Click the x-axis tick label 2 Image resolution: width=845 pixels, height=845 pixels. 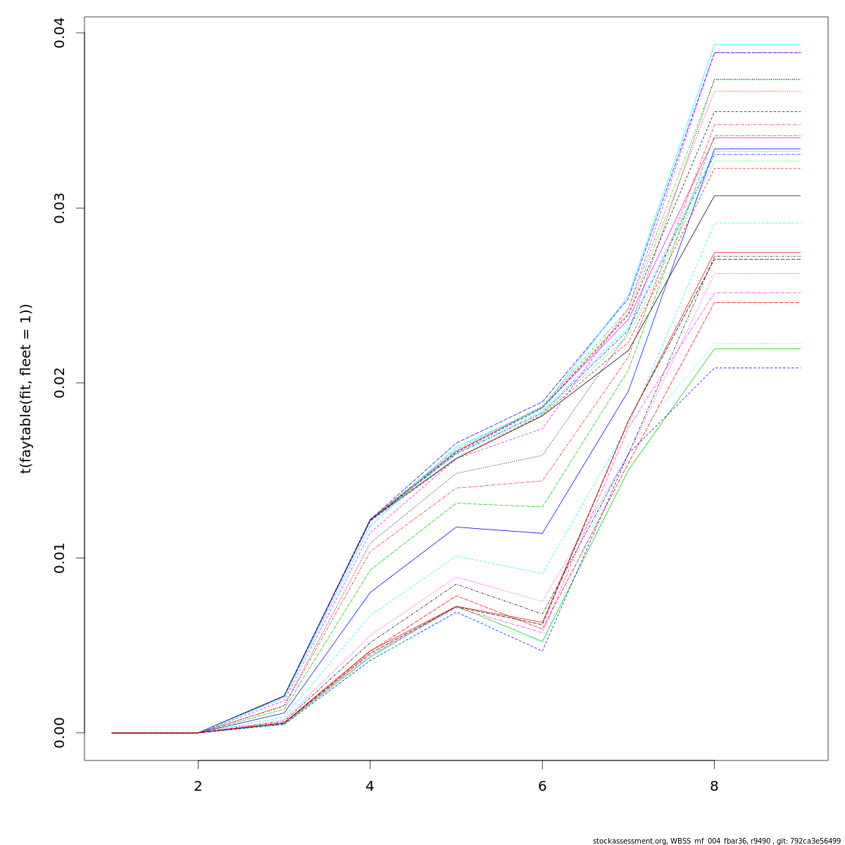coord(198,786)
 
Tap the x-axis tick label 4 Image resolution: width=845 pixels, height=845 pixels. coord(370,786)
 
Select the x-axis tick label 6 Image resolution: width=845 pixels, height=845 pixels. coord(542,786)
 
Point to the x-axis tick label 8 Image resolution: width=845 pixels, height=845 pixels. coord(714,786)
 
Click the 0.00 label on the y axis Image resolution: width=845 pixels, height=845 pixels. coord(59,732)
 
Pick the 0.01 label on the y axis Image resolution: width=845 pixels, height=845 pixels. coord(59,558)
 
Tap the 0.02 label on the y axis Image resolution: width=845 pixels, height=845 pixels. coord(59,383)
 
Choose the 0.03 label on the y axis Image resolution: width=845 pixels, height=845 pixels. coord(59,208)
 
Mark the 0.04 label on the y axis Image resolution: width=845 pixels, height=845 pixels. coord(59,33)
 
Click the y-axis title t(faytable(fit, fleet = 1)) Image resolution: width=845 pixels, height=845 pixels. coord(26,388)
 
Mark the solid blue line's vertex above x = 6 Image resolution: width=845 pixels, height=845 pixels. coord(542,533)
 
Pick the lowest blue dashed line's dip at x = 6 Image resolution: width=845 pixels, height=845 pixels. coord(542,650)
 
